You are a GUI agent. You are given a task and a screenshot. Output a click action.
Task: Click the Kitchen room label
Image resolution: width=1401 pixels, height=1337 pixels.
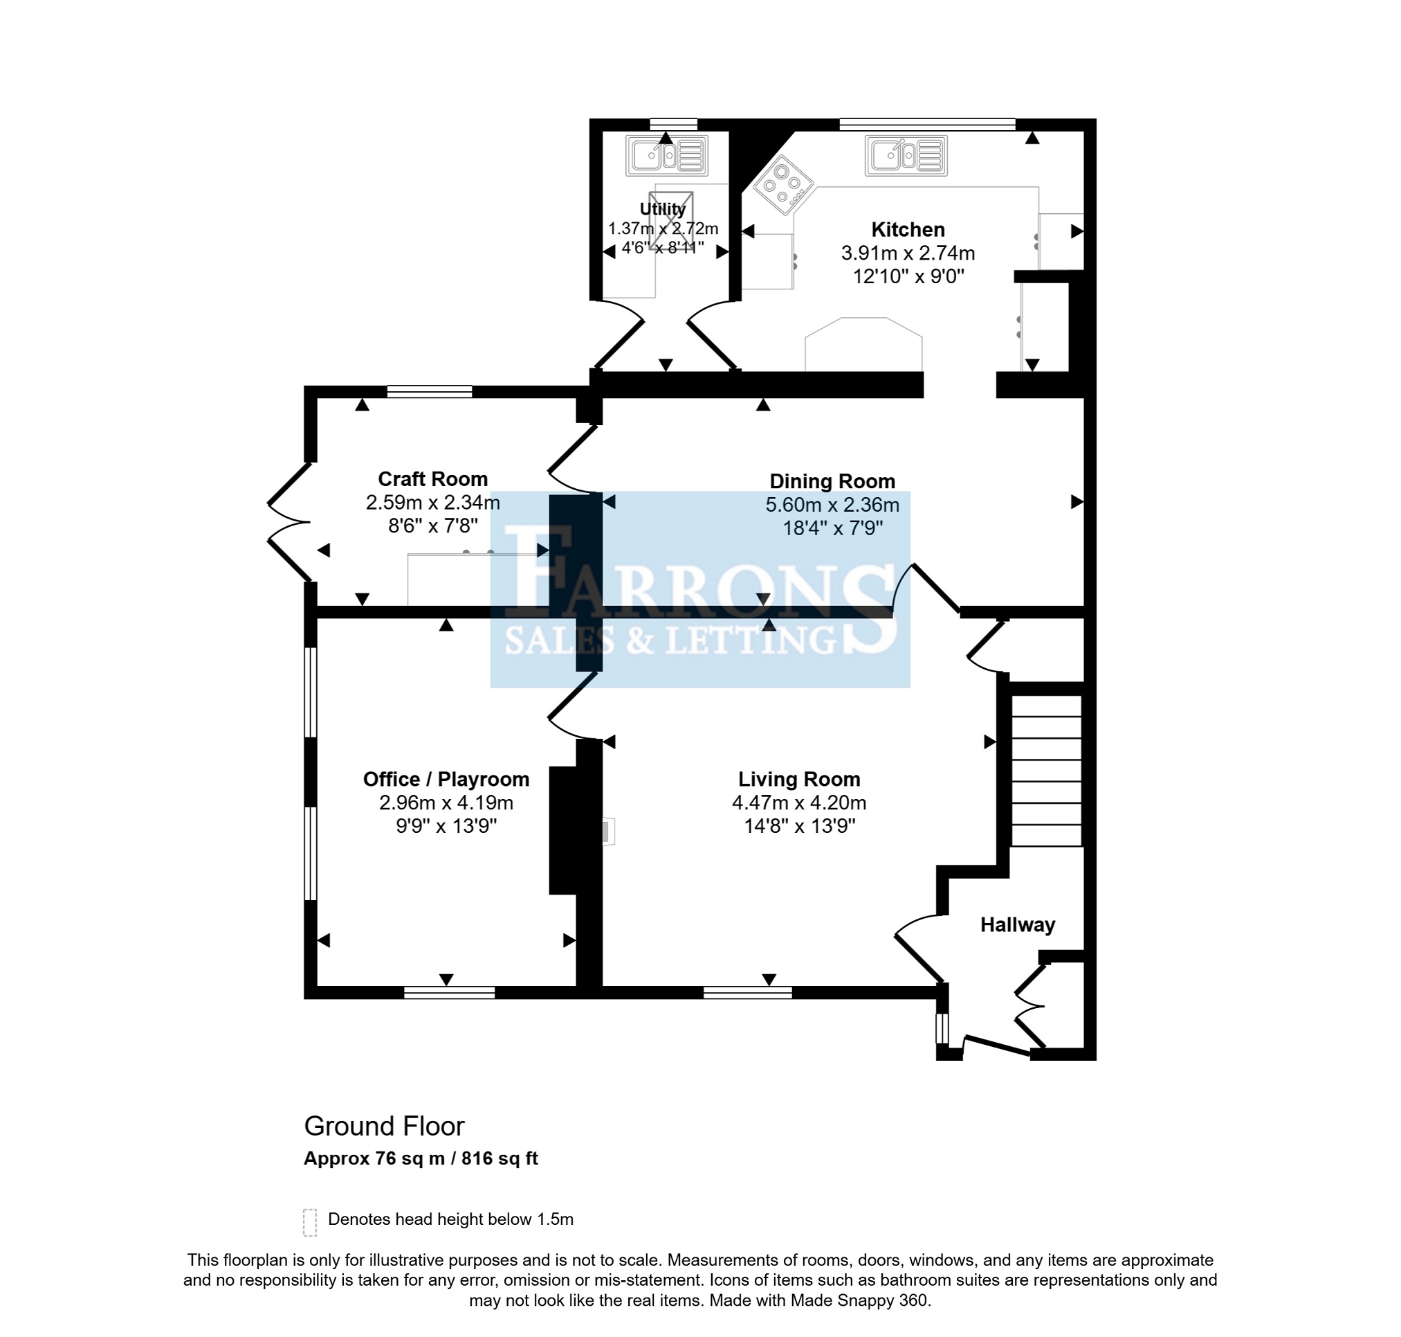pyautogui.click(x=908, y=229)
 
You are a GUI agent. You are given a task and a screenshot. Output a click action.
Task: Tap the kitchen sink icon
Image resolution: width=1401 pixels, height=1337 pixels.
pyautogui.click(x=906, y=155)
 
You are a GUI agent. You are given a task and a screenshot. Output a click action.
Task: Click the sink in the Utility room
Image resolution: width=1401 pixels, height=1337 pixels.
pyautogui.click(x=667, y=155)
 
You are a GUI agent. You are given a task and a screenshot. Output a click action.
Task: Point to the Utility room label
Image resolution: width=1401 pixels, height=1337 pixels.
pyautogui.click(x=662, y=209)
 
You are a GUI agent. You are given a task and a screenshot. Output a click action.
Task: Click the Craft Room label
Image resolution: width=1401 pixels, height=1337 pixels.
pyautogui.click(x=432, y=479)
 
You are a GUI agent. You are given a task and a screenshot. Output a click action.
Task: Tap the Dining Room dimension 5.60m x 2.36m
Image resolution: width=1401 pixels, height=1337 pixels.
pyautogui.click(x=832, y=505)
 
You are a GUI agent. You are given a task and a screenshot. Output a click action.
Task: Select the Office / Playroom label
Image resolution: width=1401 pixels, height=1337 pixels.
pyautogui.click(x=446, y=779)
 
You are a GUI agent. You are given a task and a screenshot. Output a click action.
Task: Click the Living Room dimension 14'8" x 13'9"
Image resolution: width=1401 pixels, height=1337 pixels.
pyautogui.click(x=799, y=826)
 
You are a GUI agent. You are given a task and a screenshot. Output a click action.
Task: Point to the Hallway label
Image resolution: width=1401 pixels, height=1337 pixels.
pyautogui.click(x=1017, y=924)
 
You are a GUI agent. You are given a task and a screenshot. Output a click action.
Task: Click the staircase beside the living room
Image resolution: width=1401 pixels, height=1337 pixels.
pyautogui.click(x=1046, y=771)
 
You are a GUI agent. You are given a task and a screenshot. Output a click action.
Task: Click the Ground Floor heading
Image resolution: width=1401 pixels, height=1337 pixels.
pyautogui.click(x=384, y=1126)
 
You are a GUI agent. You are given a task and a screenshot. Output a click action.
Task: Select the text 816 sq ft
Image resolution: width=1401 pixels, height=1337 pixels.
pyautogui.click(x=500, y=1158)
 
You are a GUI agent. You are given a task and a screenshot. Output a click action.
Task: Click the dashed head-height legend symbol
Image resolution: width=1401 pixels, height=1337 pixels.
pyautogui.click(x=310, y=1222)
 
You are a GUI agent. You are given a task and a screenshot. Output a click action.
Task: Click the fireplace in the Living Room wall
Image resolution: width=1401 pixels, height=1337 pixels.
pyautogui.click(x=608, y=831)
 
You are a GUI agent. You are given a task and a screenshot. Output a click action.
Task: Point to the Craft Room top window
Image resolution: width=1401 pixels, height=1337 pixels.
pyautogui.click(x=430, y=391)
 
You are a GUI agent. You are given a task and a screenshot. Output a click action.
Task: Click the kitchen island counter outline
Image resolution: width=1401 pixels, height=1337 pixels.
pyautogui.click(x=863, y=344)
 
